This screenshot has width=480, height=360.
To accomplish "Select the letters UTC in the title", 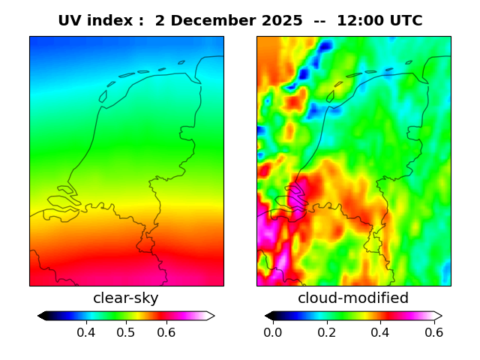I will pyautogui.click(x=406, y=21).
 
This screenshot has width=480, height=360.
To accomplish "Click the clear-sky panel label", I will pyautogui.click(x=126, y=298).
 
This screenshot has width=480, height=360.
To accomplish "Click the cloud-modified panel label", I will pyautogui.click(x=353, y=298).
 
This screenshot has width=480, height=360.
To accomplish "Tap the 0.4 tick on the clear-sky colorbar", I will pyautogui.click(x=85, y=332).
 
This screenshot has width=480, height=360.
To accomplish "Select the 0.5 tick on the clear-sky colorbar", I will pyautogui.click(x=126, y=332).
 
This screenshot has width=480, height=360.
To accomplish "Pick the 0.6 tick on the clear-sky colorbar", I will pyautogui.click(x=166, y=332).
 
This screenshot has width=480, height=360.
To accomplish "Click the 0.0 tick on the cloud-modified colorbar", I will pyautogui.click(x=273, y=332).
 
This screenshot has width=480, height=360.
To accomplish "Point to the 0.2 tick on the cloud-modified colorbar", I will pyautogui.click(x=326, y=332).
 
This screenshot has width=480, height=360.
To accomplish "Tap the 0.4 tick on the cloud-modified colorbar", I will pyautogui.click(x=380, y=332).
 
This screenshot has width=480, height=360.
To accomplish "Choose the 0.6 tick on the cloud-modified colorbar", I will pyautogui.click(x=433, y=332).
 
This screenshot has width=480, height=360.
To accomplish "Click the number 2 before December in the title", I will pyautogui.click(x=160, y=21).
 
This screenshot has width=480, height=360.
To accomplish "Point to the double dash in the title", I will pyautogui.click(x=313, y=21).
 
